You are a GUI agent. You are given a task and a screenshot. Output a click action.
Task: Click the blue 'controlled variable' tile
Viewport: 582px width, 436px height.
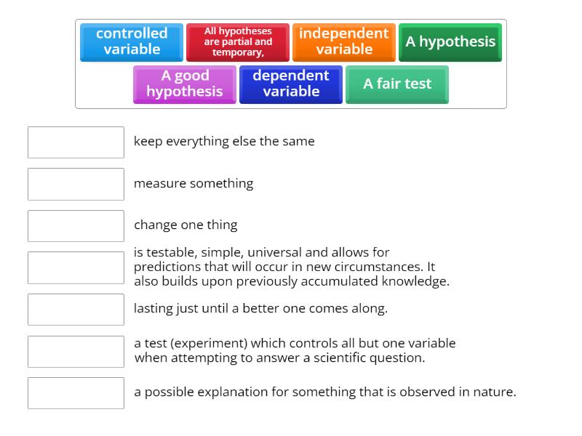(x=132, y=41)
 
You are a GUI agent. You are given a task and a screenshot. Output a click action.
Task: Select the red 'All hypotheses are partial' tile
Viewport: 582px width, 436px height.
(x=238, y=41)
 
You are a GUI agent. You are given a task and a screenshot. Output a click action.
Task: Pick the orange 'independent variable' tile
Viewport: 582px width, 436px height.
(x=344, y=41)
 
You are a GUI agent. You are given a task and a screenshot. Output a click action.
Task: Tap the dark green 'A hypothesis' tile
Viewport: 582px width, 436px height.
(x=450, y=41)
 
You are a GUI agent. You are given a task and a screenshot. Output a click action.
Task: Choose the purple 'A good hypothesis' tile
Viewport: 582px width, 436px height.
(x=185, y=84)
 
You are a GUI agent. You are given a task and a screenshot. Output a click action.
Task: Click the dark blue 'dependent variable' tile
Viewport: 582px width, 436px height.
(x=291, y=84)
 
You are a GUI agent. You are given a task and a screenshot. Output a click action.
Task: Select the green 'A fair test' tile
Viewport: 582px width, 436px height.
(x=397, y=84)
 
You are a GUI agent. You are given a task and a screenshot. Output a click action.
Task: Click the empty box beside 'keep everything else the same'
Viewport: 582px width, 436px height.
(x=76, y=142)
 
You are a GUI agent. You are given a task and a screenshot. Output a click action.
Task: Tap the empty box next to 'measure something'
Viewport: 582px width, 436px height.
(x=76, y=184)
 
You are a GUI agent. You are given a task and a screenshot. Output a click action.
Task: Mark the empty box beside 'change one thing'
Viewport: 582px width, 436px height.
(x=76, y=225)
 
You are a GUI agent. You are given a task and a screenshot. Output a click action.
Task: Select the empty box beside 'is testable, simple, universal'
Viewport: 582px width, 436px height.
(x=76, y=267)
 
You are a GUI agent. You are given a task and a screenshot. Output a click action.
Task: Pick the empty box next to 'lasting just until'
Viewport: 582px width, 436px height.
(x=76, y=309)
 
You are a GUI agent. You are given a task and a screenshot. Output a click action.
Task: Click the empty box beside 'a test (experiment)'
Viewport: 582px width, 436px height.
(x=76, y=351)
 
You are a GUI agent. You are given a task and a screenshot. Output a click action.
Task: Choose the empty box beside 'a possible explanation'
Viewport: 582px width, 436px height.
(x=76, y=392)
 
